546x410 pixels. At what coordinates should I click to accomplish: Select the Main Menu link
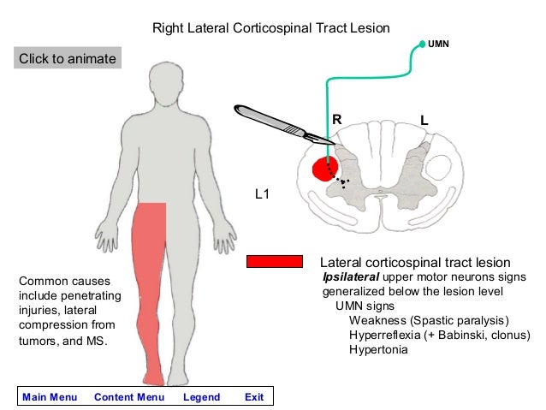[x=50, y=397]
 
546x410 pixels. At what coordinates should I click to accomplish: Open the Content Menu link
[x=129, y=397]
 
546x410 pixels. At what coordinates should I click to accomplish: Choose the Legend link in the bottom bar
[x=201, y=397]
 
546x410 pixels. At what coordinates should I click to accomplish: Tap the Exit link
[x=253, y=397]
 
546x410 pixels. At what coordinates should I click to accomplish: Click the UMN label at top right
[x=438, y=41]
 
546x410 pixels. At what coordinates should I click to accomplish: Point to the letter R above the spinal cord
[x=336, y=121]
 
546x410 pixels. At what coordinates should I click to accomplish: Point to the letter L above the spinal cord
[x=424, y=122]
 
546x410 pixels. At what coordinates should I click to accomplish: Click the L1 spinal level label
[x=264, y=195]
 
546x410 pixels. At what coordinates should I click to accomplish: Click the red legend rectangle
[x=274, y=261]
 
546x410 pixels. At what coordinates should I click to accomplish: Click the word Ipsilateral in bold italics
[x=350, y=277]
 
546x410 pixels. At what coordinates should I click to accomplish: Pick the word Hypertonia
[x=378, y=349]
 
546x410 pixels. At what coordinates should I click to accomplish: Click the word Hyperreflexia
[x=385, y=335]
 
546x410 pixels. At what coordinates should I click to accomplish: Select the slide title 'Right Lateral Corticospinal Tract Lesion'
[x=270, y=28]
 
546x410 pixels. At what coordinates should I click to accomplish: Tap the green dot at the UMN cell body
[x=421, y=43]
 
